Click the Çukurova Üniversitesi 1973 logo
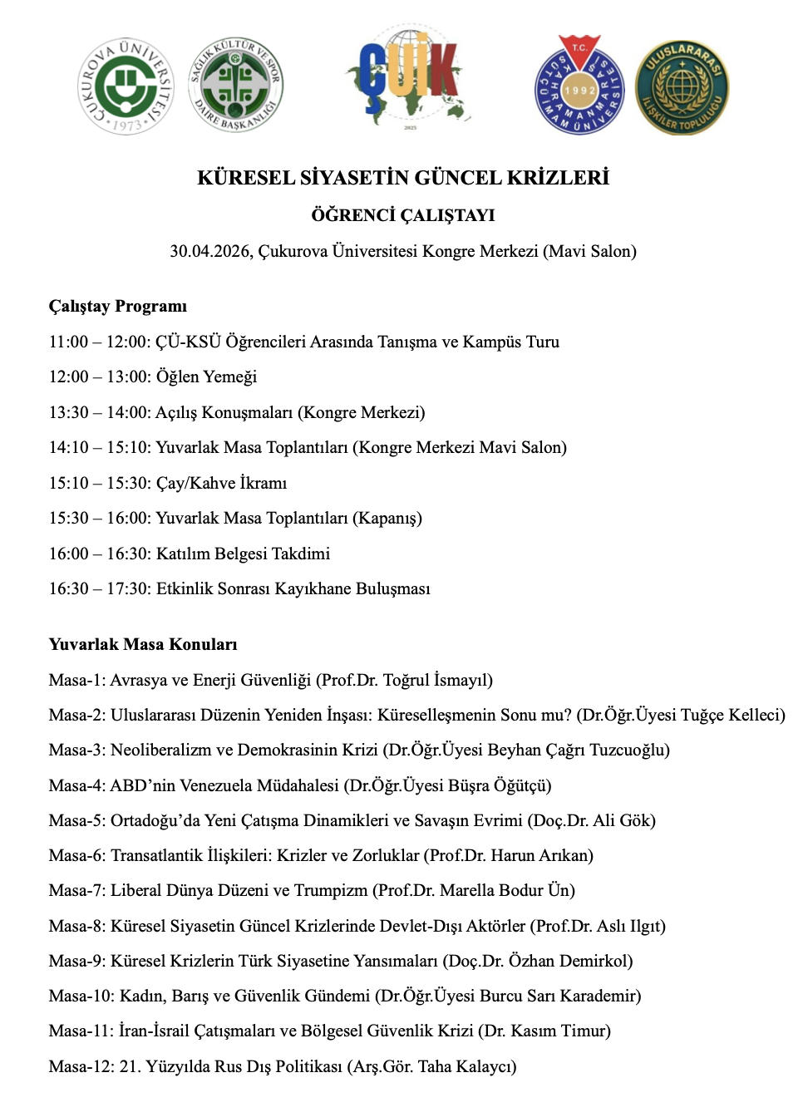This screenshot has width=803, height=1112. (x=126, y=86)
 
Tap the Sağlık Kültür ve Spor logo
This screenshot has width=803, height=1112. (x=237, y=84)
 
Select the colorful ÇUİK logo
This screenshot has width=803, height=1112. (x=409, y=76)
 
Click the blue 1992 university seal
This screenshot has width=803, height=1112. (x=579, y=85)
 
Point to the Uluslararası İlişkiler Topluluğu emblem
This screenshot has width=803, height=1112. (x=682, y=87)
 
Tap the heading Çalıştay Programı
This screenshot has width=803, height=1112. (x=118, y=306)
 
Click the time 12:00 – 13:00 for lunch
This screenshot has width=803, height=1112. (x=98, y=376)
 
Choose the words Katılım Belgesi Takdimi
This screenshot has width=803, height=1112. (x=243, y=554)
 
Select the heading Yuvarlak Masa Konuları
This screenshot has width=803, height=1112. (x=143, y=644)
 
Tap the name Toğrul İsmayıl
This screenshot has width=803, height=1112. (x=435, y=680)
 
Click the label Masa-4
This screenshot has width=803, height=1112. (x=76, y=785)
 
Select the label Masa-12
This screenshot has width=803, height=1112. (x=81, y=1066)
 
